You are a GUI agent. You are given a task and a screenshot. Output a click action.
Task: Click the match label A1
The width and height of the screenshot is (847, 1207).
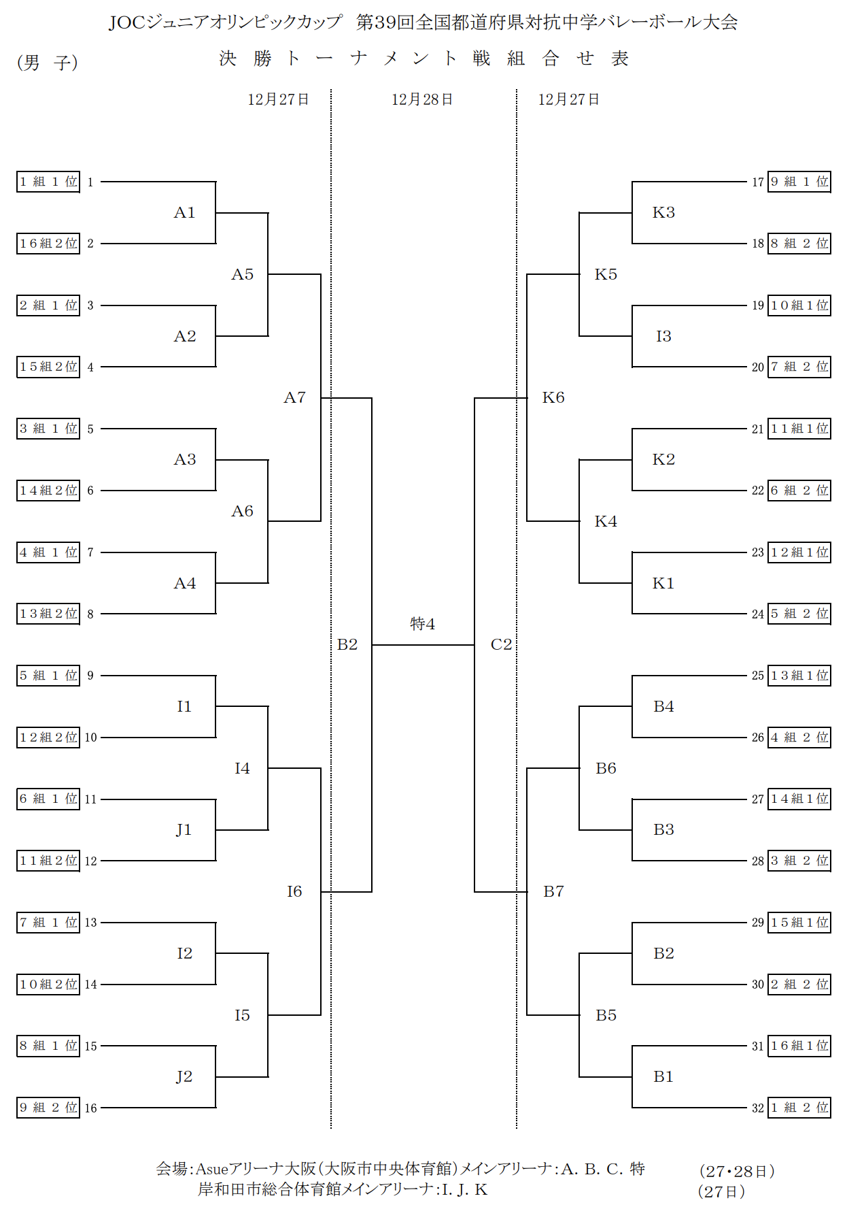tap(184, 213)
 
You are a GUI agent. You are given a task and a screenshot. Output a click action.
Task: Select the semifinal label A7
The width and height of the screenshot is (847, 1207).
tap(294, 398)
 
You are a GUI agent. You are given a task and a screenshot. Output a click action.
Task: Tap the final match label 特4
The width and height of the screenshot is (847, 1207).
tap(422, 624)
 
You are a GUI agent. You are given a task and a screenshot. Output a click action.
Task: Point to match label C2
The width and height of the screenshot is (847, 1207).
tap(501, 645)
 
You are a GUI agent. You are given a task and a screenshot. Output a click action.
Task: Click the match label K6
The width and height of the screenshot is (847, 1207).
tap(553, 398)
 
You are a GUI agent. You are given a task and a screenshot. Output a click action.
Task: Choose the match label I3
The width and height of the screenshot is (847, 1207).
tap(663, 336)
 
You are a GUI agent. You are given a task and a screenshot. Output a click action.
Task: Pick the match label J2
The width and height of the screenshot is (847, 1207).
tap(184, 1077)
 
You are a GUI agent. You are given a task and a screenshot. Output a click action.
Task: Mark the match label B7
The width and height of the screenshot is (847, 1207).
tap(553, 892)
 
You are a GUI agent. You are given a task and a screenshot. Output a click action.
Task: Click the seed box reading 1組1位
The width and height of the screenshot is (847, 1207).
tap(48, 182)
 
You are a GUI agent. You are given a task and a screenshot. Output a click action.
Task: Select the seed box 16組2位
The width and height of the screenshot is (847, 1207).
tap(48, 244)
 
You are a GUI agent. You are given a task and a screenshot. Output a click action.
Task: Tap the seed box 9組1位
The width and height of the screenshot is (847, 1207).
tap(799, 182)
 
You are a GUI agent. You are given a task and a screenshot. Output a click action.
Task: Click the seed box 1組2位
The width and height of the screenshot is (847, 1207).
tap(799, 1108)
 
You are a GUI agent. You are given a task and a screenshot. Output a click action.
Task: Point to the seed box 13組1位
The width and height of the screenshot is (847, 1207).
tap(799, 676)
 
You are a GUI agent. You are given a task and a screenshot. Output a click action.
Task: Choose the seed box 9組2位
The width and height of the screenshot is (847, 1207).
tap(48, 1108)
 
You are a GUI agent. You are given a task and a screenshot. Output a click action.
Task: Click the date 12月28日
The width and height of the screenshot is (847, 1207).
tap(422, 100)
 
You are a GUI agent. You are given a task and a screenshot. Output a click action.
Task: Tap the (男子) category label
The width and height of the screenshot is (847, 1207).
tap(47, 63)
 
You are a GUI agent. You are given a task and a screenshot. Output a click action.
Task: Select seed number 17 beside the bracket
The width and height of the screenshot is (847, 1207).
tap(758, 182)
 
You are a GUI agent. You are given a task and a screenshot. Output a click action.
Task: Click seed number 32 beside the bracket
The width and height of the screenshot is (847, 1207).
tap(758, 1108)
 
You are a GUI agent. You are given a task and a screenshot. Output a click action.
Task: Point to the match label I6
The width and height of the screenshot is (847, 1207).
tap(294, 892)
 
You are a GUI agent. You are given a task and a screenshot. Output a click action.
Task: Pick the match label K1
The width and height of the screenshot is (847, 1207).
tap(663, 584)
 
